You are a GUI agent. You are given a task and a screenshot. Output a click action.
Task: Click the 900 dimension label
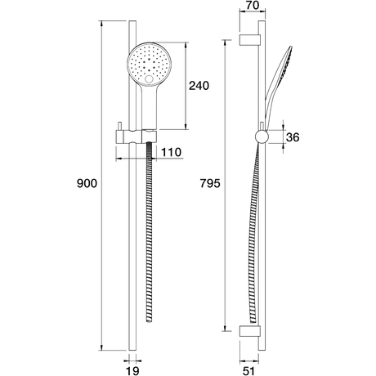tap(87, 183)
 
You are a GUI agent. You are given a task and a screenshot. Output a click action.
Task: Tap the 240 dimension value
tap(199, 86)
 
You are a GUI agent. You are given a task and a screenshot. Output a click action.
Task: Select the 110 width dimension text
tap(171, 152)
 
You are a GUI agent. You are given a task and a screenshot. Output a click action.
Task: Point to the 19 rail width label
tap(132, 371)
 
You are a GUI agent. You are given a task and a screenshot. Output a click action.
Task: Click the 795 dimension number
tap(210, 183)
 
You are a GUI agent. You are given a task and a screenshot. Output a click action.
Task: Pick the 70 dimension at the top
tap(253, 6)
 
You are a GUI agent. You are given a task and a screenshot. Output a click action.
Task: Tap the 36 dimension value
tap(293, 137)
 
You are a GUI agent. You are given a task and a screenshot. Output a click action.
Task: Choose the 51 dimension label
tap(248, 371)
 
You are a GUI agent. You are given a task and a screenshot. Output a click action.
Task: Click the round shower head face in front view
tap(149, 65)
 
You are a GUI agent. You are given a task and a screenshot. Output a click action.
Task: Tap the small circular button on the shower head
tap(149, 79)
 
